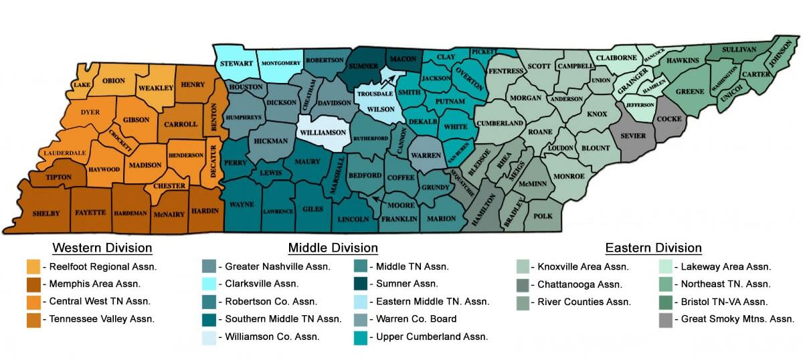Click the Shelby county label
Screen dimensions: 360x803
pos(46,213)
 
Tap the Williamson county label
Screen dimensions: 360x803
pos(324,132)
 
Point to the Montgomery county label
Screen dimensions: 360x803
pos(280,63)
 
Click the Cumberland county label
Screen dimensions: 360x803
pos(501,124)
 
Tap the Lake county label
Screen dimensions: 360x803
pos(82,86)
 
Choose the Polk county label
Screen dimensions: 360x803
pos(543,216)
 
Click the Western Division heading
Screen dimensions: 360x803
pos(102,248)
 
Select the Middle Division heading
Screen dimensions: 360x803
pos(333,248)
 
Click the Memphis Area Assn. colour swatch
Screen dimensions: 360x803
pos(33,284)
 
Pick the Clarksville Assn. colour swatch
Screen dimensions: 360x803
pos(209,284)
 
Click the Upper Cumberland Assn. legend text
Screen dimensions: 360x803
pos(432,336)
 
